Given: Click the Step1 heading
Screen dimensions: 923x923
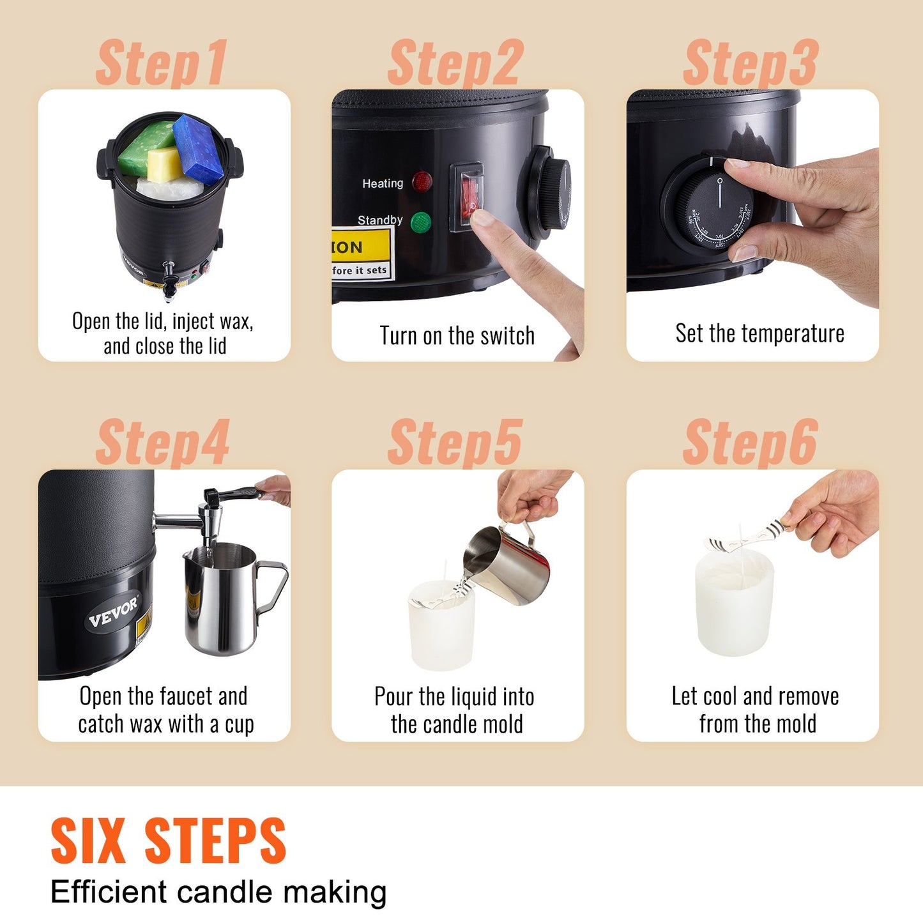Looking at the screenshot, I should click(x=161, y=63).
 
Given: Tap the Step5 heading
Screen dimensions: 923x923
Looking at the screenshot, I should click(x=455, y=443).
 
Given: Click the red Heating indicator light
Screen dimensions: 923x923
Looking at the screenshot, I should click(x=422, y=182).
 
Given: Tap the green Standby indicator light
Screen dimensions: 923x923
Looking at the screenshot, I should click(x=421, y=222).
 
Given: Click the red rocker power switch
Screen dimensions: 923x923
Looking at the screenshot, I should click(x=468, y=195).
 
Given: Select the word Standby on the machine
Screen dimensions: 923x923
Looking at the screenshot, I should click(x=379, y=220).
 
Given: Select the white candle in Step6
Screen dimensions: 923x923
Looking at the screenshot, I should click(x=735, y=604).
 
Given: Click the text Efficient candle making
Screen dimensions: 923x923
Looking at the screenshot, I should click(x=218, y=892).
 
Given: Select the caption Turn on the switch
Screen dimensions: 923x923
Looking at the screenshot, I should click(x=457, y=335).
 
